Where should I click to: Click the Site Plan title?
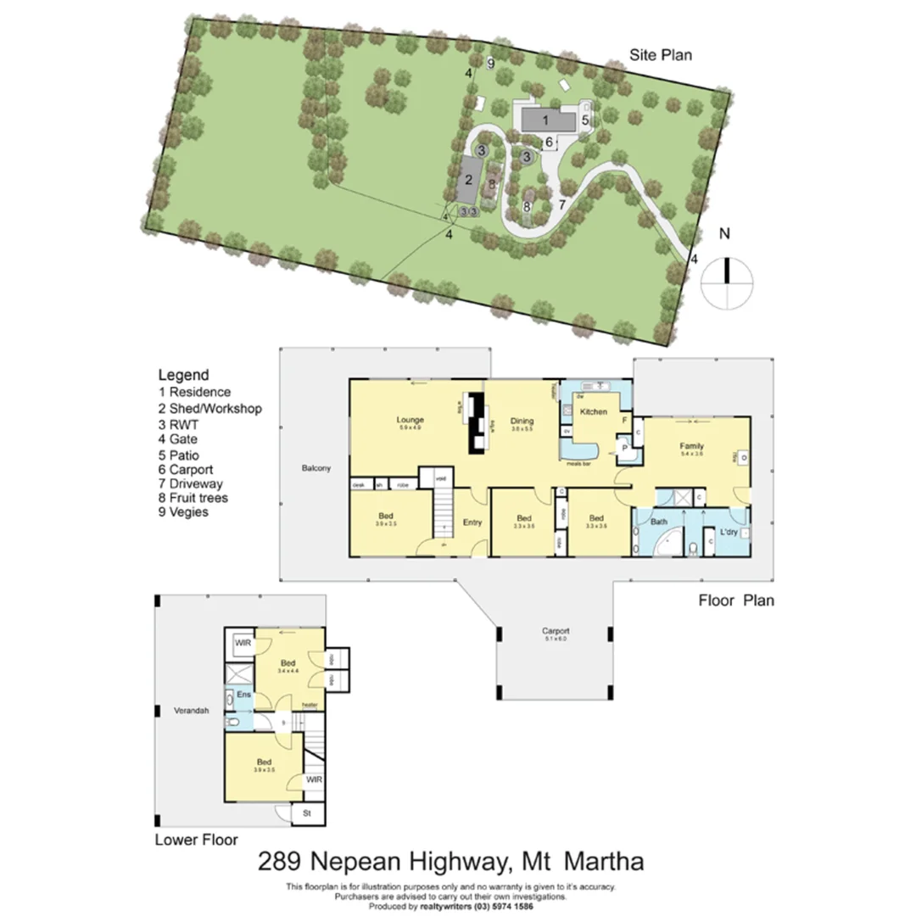[660, 55]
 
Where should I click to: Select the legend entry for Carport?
[186, 469]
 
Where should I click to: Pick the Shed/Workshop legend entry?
[210, 408]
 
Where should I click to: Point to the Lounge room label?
[410, 420]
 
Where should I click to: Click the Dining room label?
[522, 420]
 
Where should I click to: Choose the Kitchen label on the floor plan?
[593, 411]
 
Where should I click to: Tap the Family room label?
[693, 445]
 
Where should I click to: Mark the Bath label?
[659, 522]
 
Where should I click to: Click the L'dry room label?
[728, 532]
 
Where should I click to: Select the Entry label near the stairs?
[472, 522]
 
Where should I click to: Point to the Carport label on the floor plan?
[556, 631]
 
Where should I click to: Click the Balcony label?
[315, 467]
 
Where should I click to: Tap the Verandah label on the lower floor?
[190, 711]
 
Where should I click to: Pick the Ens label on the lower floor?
[242, 694]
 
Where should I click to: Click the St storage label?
[307, 813]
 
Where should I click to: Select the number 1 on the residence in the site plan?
[546, 120]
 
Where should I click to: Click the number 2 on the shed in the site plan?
[466, 180]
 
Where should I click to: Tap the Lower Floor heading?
[196, 840]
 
